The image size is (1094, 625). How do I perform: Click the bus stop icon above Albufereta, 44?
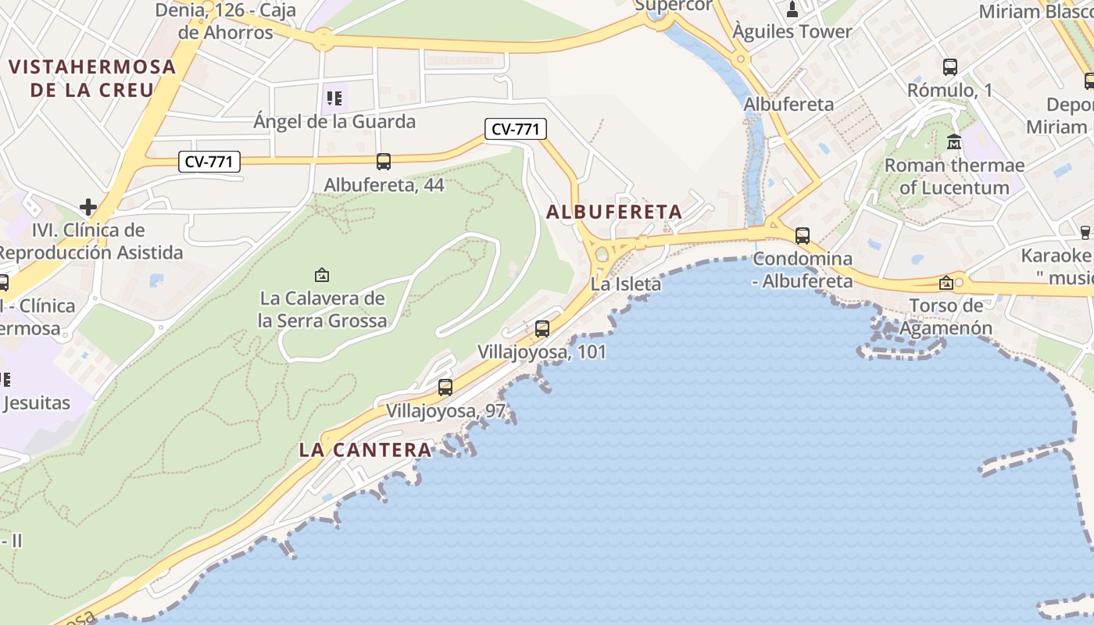383,162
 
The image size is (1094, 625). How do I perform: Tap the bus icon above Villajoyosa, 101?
542,329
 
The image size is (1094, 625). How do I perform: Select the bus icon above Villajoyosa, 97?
445,387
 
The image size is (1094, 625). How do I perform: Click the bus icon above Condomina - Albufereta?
802,235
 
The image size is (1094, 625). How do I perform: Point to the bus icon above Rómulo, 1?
950,67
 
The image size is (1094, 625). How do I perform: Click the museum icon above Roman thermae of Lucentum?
954,142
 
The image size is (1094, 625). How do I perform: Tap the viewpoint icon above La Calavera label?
321,275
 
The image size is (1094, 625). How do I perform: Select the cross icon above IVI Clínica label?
88,207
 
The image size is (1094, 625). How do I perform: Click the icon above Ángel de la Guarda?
334,98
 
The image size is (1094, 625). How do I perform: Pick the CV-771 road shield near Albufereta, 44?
209,162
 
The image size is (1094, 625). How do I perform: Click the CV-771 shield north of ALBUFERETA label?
515,129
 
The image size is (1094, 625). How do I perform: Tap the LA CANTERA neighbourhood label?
365,450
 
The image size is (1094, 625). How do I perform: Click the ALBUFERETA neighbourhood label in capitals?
614,212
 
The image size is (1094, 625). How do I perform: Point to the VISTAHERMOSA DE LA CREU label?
92,78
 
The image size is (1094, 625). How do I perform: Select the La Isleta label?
626,284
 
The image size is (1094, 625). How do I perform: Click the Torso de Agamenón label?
946,316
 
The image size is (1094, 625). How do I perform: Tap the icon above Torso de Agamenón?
946,282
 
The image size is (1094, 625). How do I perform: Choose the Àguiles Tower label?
792,32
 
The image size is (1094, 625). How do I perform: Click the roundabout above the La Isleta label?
602,254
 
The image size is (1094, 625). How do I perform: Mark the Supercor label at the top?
674,5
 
